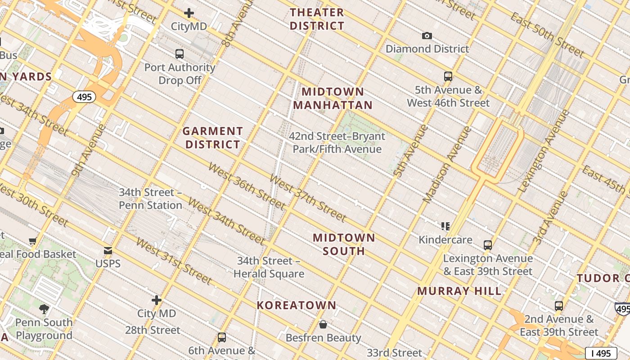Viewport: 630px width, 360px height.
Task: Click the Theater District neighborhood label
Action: tap(317, 19)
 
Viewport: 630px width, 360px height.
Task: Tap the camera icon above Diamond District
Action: tap(427, 36)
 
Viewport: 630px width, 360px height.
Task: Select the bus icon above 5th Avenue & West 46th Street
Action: tap(448, 76)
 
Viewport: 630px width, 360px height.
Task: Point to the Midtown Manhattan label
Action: tap(333, 98)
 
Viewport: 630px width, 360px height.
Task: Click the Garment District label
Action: tap(213, 138)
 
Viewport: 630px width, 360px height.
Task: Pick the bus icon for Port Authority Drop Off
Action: tap(180, 54)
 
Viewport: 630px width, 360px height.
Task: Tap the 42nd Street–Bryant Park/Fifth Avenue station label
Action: tap(337, 142)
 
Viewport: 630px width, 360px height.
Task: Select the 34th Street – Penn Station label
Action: tap(150, 198)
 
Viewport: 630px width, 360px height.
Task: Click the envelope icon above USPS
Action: tap(108, 251)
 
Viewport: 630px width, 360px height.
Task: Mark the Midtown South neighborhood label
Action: tap(344, 244)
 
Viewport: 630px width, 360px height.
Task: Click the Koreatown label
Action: tap(297, 305)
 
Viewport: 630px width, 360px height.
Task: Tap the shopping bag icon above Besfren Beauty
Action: tap(323, 324)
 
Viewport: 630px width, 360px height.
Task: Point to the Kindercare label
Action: tap(445, 239)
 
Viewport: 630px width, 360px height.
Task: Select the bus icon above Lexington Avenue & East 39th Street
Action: tap(488, 245)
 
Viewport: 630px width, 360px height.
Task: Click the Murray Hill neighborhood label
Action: tap(459, 291)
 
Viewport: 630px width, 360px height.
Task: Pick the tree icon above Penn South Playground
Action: tap(44, 309)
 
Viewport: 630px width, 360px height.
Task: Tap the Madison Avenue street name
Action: tap(448, 164)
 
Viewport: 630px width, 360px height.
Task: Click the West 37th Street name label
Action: tap(308, 198)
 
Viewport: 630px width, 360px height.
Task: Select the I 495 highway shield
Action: tap(601, 353)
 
